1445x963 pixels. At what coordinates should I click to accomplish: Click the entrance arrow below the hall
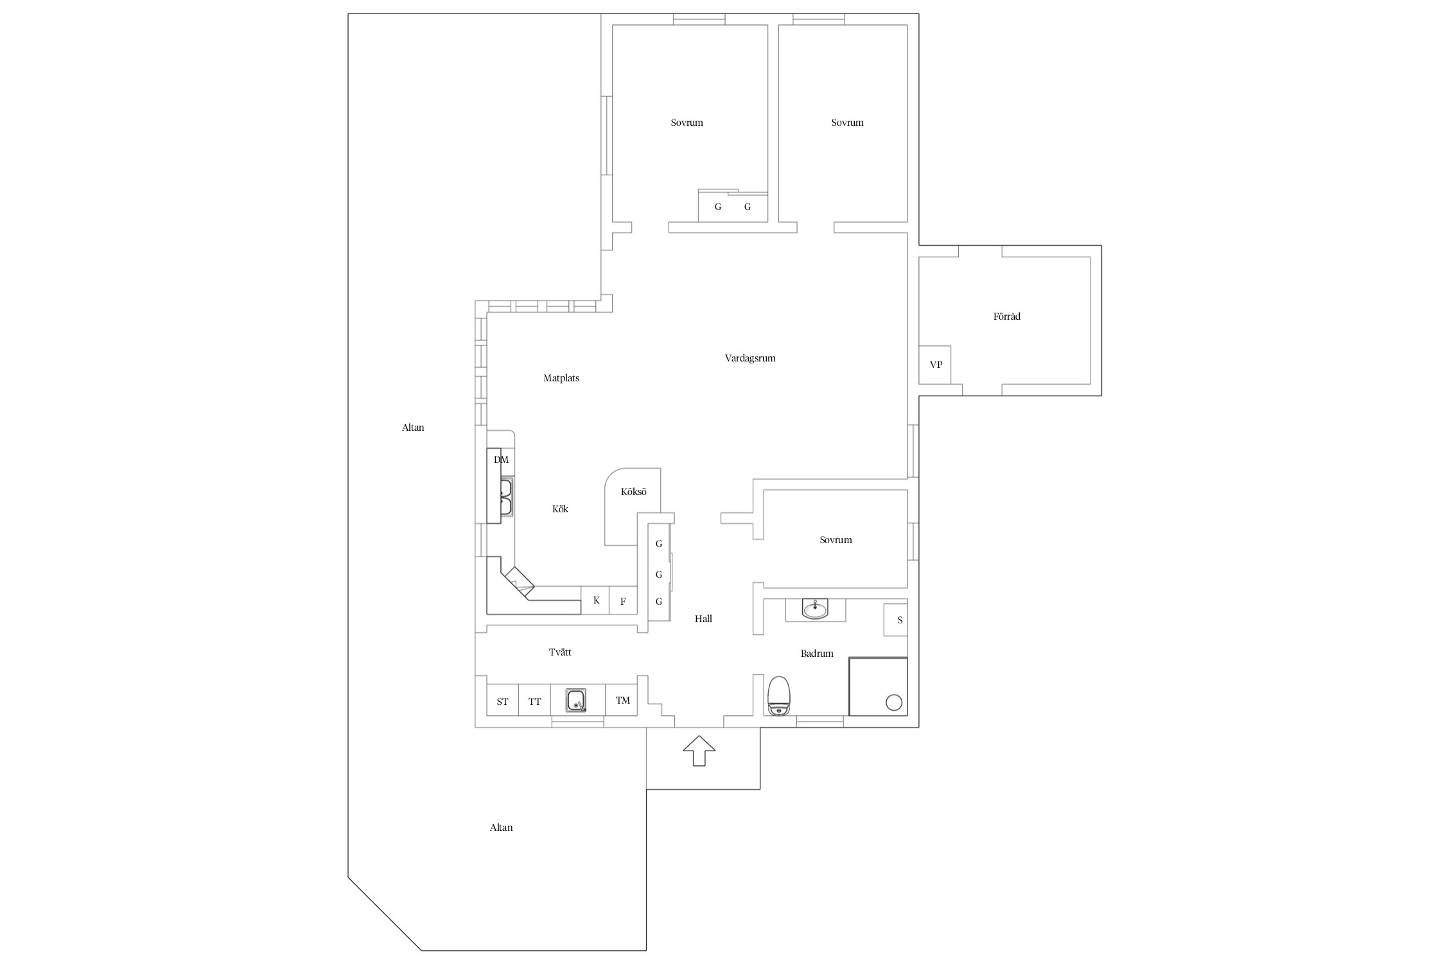point(699,750)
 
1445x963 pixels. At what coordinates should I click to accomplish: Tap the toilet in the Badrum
point(780,695)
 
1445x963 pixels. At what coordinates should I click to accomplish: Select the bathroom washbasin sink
point(816,609)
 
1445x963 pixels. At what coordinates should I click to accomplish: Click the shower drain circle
point(893,702)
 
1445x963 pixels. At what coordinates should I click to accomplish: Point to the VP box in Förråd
point(935,365)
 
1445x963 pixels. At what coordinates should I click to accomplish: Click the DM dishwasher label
point(501,460)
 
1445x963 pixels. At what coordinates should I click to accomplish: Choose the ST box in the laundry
point(502,702)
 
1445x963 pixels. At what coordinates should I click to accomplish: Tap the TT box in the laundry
point(534,702)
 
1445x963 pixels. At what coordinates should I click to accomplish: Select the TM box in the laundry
point(622,701)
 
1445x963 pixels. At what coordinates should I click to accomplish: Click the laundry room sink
point(576,700)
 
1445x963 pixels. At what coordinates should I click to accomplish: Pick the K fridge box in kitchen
point(595,600)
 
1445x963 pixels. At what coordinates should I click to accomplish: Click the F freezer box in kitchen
point(623,601)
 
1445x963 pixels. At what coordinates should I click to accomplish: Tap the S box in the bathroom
point(896,620)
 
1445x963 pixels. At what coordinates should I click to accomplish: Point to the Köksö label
point(633,492)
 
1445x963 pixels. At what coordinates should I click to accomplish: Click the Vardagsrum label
point(750,358)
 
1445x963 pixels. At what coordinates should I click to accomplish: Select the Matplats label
point(561,378)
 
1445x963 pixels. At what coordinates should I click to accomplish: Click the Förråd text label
point(1006,316)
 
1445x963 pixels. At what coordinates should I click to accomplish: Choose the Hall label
point(703,619)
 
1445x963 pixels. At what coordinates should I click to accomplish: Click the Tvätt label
point(560,652)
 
